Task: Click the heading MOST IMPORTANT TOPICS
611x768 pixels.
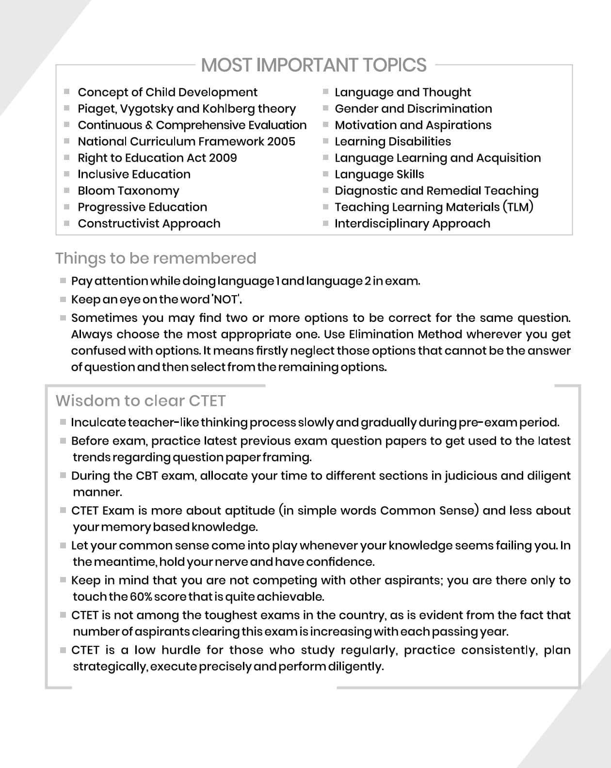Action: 314,65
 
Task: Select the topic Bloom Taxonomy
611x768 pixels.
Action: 129,191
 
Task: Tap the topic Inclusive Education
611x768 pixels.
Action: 134,175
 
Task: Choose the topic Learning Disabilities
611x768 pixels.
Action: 393,142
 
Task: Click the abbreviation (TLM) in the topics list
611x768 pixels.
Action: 518,208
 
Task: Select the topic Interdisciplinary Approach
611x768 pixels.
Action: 412,224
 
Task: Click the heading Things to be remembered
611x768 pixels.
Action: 156,258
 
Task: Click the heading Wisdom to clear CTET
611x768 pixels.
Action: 141,401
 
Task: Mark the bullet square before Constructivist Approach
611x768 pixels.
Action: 67,224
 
